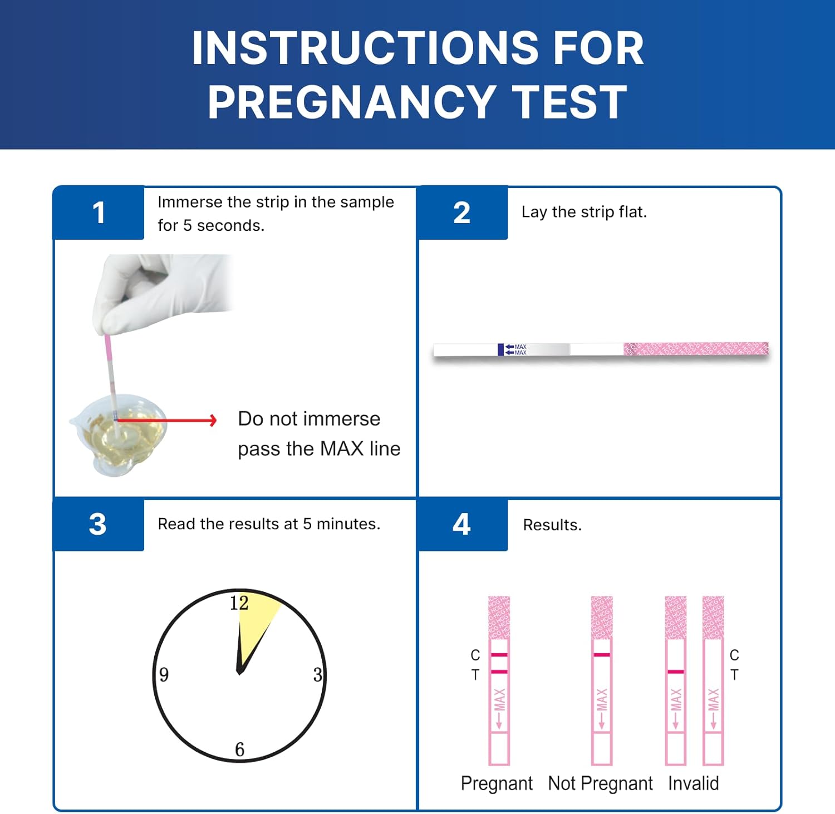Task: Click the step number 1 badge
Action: (99, 213)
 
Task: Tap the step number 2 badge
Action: (462, 213)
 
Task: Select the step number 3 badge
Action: (98, 524)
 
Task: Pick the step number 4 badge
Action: (461, 524)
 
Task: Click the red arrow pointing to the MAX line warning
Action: (167, 420)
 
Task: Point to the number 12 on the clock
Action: (239, 603)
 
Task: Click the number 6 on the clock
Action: (240, 749)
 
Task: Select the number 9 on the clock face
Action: (164, 674)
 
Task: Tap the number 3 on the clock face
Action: (317, 675)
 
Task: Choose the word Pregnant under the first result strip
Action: (497, 783)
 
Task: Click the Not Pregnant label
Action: (600, 783)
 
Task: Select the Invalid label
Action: (693, 783)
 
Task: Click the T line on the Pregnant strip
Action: (499, 672)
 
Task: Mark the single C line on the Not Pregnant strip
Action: (602, 655)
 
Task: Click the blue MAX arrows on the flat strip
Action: (509, 349)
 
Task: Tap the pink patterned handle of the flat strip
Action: (696, 349)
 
